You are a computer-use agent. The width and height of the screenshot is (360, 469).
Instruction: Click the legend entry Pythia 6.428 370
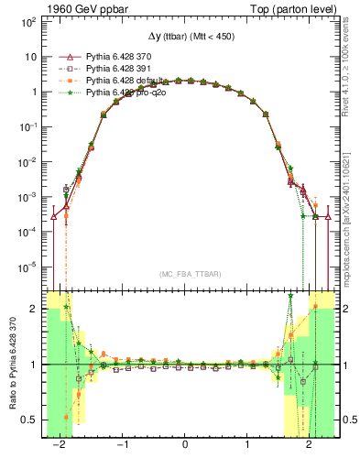(113, 57)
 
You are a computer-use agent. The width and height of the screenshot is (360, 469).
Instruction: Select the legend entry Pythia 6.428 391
(113, 69)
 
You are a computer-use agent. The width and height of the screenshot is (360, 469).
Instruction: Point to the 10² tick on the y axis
(29, 20)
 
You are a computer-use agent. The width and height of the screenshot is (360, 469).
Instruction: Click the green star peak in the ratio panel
(290, 296)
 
